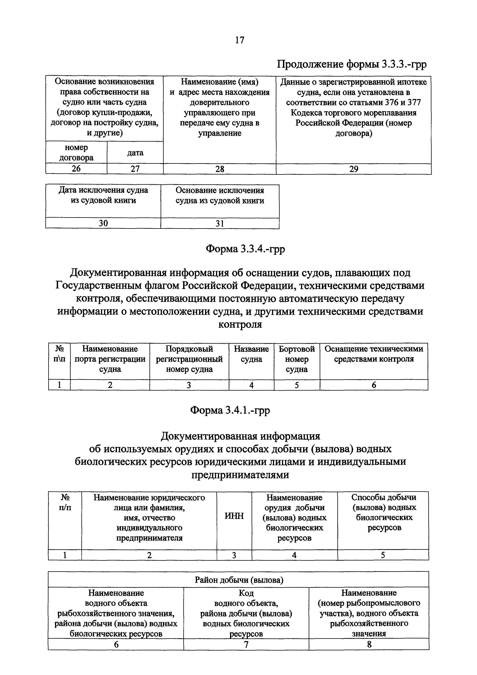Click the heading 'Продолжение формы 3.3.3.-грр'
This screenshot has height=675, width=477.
pos(352,64)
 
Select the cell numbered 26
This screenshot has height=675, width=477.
pos(76,169)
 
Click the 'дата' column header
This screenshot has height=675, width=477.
pos(135,153)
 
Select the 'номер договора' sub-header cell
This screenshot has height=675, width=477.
pos(76,153)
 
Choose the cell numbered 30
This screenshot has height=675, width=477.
pos(103,223)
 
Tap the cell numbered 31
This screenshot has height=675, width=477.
pos(220,223)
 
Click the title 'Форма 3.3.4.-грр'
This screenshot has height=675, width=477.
pos(245,249)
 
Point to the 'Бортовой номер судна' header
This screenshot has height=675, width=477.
pos(297,359)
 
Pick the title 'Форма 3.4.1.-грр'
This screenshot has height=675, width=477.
pos(230,410)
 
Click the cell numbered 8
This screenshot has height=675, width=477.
pos(369,644)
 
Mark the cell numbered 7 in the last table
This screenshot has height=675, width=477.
pos(246,644)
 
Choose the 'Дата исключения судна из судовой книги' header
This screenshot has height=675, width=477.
pos(103,195)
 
